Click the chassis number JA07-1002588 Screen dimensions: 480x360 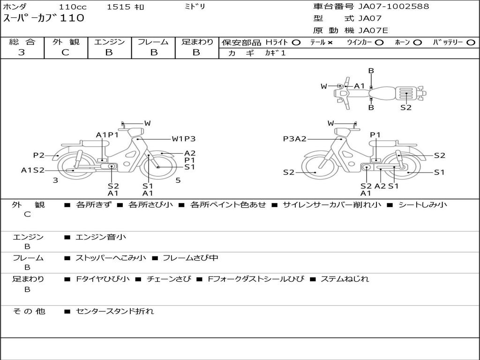[x=394, y=7]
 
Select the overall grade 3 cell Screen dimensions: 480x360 [x=22, y=52]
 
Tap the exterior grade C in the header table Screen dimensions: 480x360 [x=65, y=52]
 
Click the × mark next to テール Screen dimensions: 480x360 [x=330, y=43]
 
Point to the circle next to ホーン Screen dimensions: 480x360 [x=417, y=43]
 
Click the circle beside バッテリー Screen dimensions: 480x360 [x=471, y=43]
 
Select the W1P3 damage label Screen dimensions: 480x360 [x=183, y=139]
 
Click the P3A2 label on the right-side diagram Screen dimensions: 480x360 [x=294, y=139]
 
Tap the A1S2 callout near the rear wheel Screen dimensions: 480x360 [x=33, y=170]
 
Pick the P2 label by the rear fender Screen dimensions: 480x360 [x=39, y=155]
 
